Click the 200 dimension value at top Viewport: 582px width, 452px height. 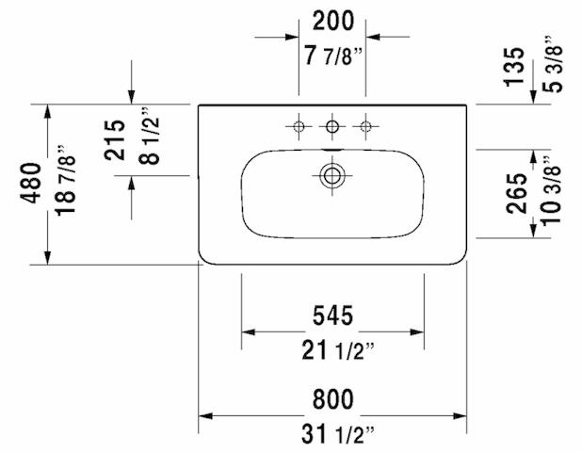click(333, 21)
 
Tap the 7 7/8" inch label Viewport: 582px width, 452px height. click(333, 56)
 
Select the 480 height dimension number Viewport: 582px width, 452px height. click(30, 183)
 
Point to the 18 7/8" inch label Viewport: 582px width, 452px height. click(65, 181)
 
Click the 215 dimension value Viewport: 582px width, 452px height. click(114, 140)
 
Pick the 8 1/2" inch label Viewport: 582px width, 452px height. click(149, 136)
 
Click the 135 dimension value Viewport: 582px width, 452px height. click(514, 67)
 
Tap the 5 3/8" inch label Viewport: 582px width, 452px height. click(553, 64)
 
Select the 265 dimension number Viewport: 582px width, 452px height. click(516, 193)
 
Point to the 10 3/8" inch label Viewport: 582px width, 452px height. click(551, 190)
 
